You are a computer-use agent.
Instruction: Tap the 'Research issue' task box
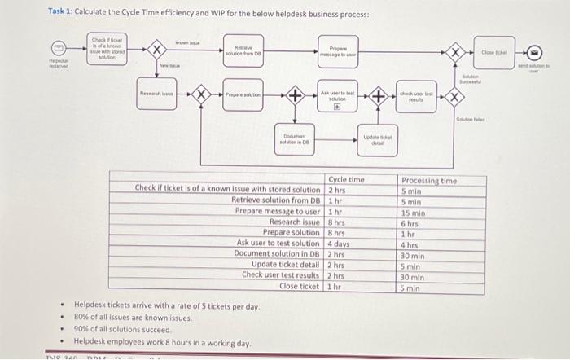155,95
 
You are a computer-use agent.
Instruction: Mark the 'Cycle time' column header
347,180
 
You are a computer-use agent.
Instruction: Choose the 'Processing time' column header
429,181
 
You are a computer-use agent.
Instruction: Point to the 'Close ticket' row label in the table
300,286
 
